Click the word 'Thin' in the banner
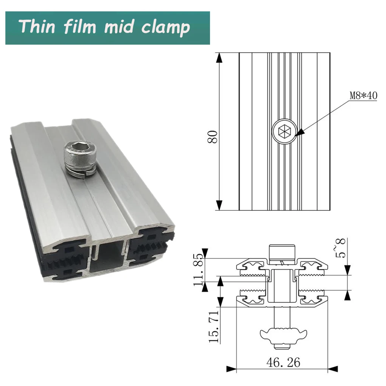pos(37,27)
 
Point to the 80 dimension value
pos(213,137)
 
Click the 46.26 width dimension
pos(283,362)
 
